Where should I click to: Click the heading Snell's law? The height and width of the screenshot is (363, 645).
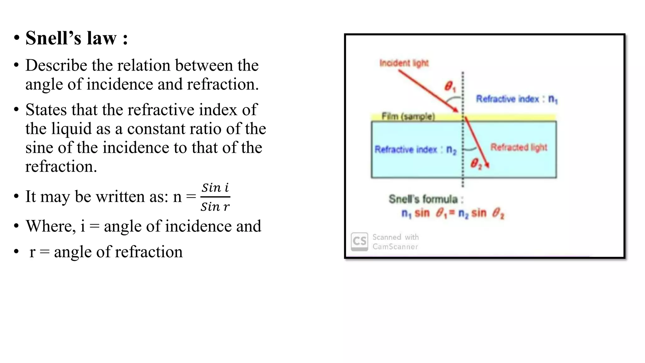(x=77, y=38)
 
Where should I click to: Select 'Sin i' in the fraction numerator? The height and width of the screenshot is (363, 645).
(x=215, y=188)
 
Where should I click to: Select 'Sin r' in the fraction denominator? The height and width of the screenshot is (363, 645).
(x=215, y=207)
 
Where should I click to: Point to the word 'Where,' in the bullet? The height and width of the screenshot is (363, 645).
(x=51, y=226)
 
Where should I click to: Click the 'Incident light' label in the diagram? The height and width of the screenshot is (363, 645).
(x=404, y=63)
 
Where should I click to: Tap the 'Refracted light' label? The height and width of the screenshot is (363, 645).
(x=519, y=147)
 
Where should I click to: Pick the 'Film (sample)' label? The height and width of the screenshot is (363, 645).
(x=408, y=116)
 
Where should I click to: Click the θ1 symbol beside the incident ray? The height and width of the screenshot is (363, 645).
(x=449, y=86)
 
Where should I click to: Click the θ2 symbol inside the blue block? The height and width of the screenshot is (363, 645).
(x=476, y=164)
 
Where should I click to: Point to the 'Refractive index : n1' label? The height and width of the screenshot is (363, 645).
(x=517, y=99)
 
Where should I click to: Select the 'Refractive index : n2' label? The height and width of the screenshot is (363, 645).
(x=415, y=149)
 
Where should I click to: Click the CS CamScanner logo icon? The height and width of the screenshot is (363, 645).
(x=359, y=242)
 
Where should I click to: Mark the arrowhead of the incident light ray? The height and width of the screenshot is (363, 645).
(x=456, y=110)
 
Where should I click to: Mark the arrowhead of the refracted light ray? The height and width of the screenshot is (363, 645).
(x=487, y=165)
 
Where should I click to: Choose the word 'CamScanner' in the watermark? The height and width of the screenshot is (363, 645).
(x=395, y=247)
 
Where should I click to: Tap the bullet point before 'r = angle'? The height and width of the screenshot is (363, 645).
(x=16, y=252)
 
